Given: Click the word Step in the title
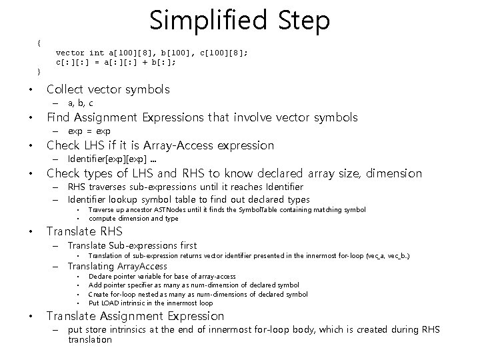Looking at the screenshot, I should click(304, 21).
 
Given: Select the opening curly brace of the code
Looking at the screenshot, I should click(39, 43).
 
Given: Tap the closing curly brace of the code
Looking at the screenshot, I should click(39, 71).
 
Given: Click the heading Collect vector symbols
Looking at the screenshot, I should click(108, 89).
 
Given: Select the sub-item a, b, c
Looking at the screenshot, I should click(81, 103).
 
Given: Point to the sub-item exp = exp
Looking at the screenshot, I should click(89, 131).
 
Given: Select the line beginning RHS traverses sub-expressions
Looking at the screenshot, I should click(185, 187).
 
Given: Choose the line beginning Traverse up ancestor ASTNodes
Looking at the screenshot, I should click(227, 209).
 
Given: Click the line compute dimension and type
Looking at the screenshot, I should click(133, 218).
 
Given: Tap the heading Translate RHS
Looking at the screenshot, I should click(84, 232).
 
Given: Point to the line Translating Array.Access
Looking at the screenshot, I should click(118, 267).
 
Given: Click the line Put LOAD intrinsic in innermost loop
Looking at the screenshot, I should click(151, 302).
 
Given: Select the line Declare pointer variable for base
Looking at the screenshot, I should click(162, 276).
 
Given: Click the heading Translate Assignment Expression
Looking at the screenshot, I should click(135, 316).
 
